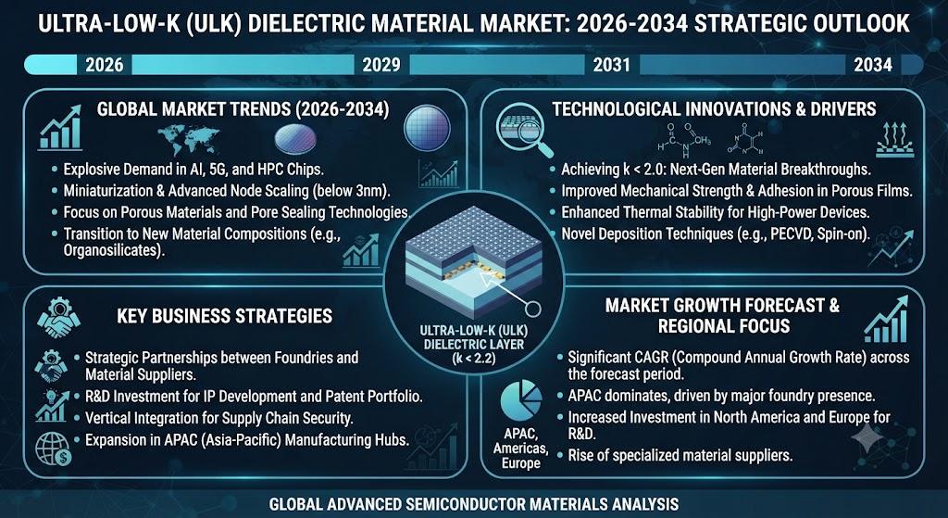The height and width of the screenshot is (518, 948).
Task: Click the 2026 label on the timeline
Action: (104, 65)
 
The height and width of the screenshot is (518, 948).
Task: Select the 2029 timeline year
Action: (380, 65)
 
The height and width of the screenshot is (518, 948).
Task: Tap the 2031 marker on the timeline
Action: (611, 65)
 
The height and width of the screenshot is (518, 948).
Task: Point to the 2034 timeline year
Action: (872, 65)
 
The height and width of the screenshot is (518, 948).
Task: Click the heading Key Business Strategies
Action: (224, 315)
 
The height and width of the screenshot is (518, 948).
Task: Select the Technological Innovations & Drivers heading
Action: (714, 109)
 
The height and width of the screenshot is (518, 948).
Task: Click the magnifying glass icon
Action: (524, 126)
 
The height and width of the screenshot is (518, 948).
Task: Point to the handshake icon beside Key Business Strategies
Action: (58, 317)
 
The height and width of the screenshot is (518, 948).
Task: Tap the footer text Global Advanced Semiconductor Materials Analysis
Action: (474, 503)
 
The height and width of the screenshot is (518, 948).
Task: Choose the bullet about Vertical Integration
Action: (218, 418)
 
